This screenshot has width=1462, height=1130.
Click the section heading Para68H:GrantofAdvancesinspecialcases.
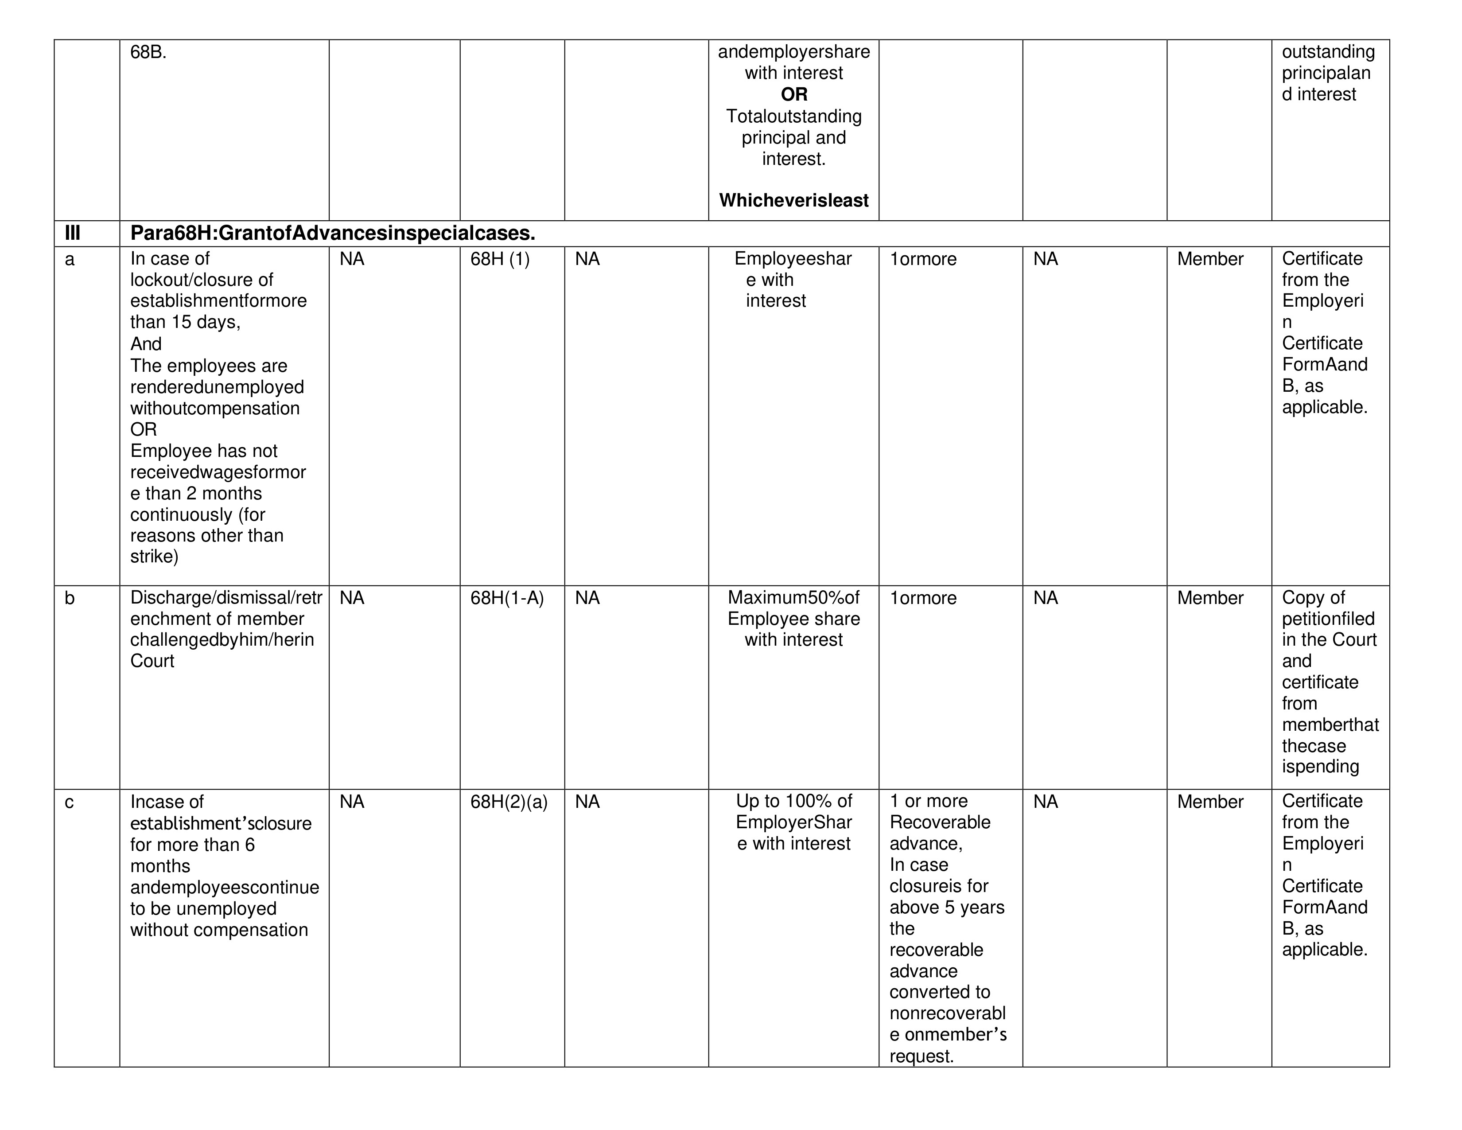(333, 233)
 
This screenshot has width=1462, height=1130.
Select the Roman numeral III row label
(72, 233)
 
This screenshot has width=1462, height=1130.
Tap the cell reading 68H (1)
(499, 259)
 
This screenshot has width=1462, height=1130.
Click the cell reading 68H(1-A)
(507, 598)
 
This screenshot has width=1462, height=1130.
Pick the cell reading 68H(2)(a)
(509, 802)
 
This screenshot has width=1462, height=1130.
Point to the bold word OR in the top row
(794, 94)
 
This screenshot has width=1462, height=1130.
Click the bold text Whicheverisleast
(794, 200)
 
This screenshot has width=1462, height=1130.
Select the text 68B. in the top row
(148, 52)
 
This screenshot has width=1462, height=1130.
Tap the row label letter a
(70, 260)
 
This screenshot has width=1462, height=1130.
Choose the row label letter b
(70, 598)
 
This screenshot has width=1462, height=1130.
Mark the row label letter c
(69, 803)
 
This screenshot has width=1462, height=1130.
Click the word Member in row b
(1209, 598)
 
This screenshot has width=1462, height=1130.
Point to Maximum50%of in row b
(793, 597)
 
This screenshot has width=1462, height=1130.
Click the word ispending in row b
(1320, 767)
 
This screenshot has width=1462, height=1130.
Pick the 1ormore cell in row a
(923, 260)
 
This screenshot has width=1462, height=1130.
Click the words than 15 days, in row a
(186, 322)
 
